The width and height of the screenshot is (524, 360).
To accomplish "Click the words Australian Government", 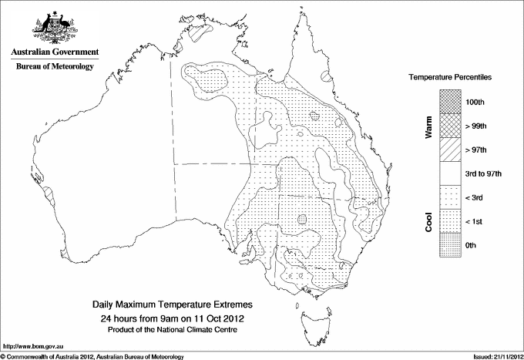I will coord(54,52).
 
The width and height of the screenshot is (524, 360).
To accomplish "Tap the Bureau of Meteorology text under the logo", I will coord(54,66).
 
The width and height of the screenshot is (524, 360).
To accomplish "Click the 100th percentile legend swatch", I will coord(451,101).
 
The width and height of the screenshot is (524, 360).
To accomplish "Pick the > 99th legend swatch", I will coord(451,125).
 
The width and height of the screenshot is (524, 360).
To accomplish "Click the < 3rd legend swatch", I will coord(451,197).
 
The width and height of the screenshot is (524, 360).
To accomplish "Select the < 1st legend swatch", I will coord(451,221).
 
